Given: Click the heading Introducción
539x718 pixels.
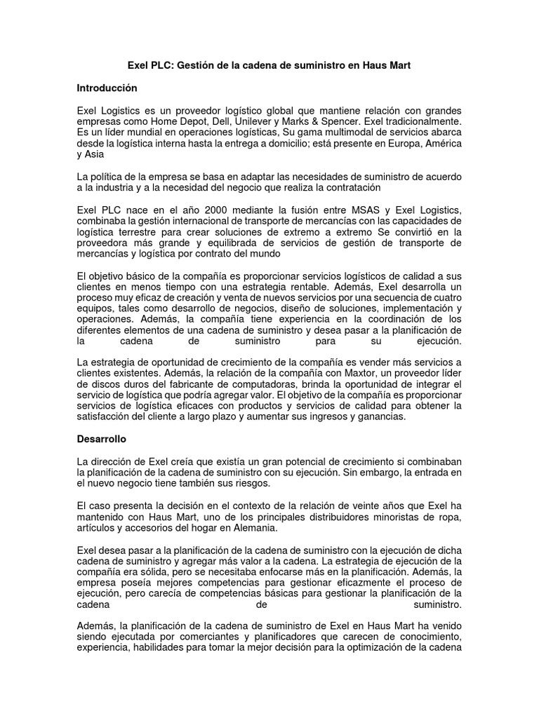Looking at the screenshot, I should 107,88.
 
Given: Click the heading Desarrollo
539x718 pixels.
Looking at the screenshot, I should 102,438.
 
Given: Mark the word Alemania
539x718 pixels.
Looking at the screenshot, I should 258,527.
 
